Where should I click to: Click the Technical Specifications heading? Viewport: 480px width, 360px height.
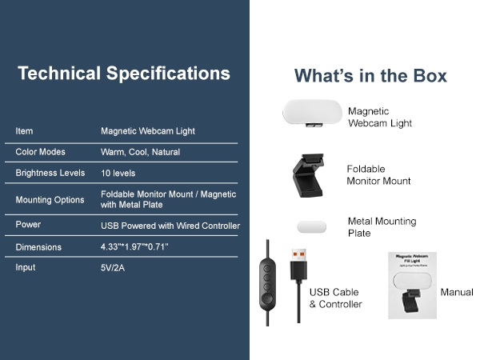pyautogui.click(x=124, y=74)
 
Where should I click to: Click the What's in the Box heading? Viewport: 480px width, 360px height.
pyautogui.click(x=370, y=76)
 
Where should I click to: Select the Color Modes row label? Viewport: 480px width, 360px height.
pyautogui.click(x=40, y=152)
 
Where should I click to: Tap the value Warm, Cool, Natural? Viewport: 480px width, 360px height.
pyautogui.click(x=140, y=152)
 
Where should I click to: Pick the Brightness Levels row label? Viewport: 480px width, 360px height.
pyautogui.click(x=50, y=173)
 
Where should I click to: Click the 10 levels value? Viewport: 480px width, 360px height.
pyautogui.click(x=118, y=173)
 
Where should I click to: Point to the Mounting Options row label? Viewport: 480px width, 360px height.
pyautogui.click(x=50, y=199)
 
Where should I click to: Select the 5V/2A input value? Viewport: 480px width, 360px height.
pyautogui.click(x=113, y=268)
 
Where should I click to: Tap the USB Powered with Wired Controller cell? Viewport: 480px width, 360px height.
pyautogui.click(x=170, y=226)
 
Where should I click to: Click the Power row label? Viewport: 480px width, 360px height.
pyautogui.click(x=28, y=225)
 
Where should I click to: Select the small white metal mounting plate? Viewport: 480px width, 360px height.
pyautogui.click(x=311, y=226)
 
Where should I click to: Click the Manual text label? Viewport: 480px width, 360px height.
pyautogui.click(x=457, y=292)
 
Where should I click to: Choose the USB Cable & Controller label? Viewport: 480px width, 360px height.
pyautogui.click(x=335, y=298)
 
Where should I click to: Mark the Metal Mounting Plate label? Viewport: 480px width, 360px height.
pyautogui.click(x=382, y=227)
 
